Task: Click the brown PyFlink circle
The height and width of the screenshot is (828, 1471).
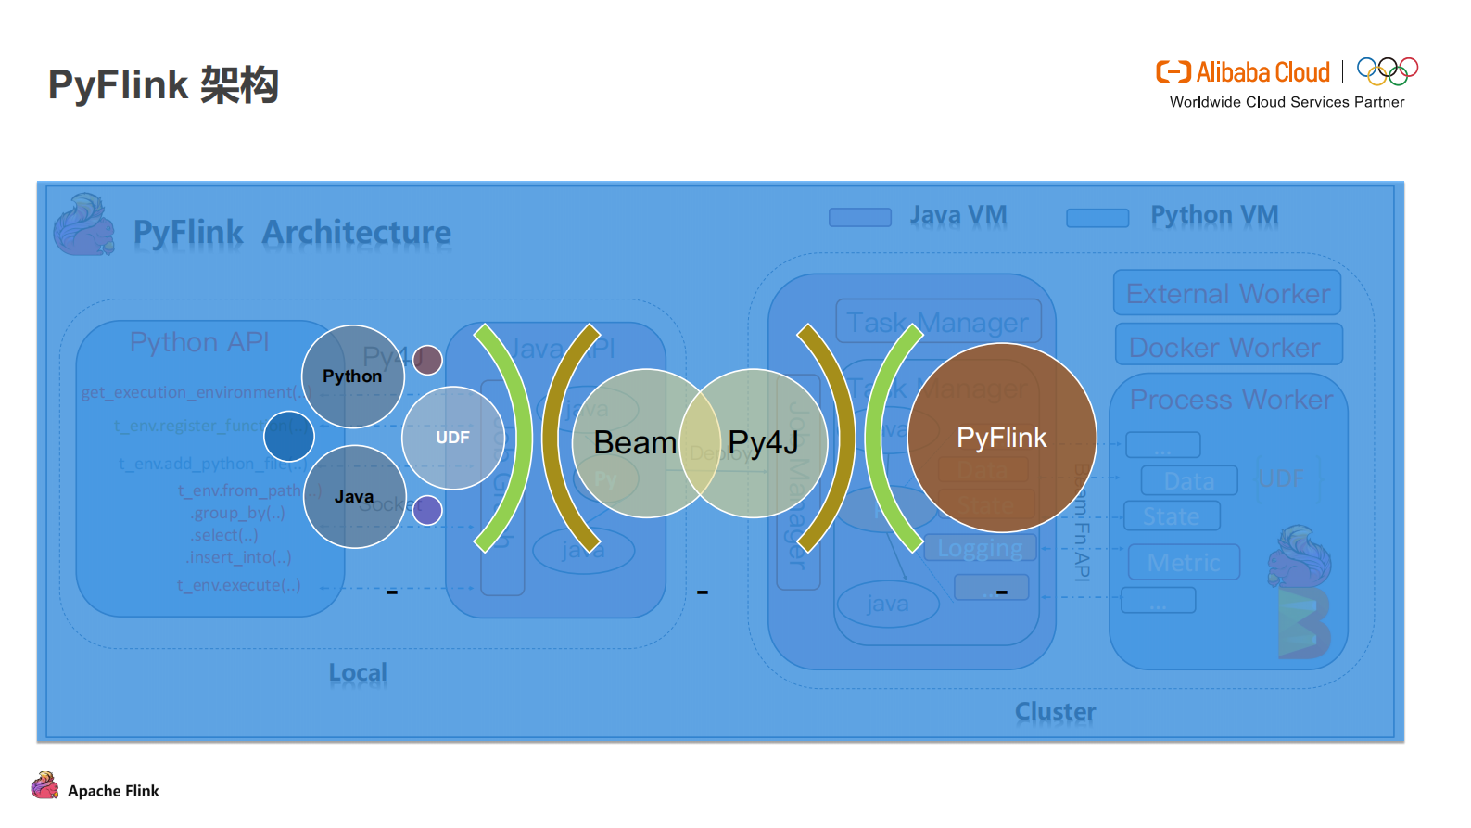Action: tap(1001, 438)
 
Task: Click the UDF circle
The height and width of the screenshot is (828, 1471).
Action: tap(452, 438)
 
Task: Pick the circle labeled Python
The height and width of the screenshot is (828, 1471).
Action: tap(352, 376)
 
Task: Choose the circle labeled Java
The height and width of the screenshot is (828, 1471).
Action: tap(354, 497)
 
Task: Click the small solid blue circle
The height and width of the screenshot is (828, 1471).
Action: tap(289, 436)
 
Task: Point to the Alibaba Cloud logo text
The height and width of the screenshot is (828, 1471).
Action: tap(1262, 72)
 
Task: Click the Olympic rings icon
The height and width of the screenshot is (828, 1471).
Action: tap(1387, 71)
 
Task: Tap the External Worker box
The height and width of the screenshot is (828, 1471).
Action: tap(1227, 294)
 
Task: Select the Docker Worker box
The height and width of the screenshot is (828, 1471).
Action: tap(1227, 347)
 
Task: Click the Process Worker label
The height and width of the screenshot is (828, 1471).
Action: tap(1230, 400)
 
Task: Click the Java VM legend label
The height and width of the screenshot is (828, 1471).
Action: tap(957, 215)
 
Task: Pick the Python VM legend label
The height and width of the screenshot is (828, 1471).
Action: tap(1213, 215)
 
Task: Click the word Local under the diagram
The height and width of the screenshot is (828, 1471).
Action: tap(358, 673)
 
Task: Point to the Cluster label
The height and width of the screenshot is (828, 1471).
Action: tap(1055, 712)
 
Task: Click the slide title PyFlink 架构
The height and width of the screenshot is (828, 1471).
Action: tap(163, 84)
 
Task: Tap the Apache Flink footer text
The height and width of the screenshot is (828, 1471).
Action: tap(113, 791)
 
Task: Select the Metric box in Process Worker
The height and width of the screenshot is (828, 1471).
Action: tap(1183, 563)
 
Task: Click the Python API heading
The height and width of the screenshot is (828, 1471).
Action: tap(199, 342)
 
